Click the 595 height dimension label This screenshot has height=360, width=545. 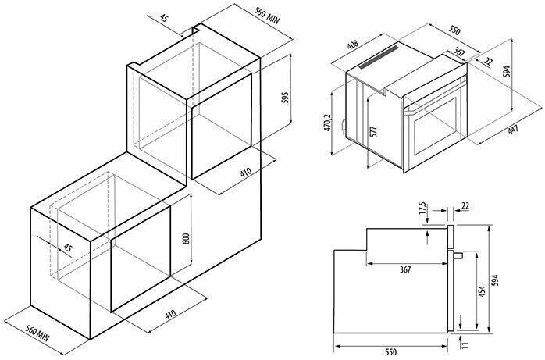point(285,99)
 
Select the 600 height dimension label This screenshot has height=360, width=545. point(187,238)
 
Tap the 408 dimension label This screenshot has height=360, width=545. point(353,45)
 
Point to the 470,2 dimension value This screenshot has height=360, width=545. point(327,123)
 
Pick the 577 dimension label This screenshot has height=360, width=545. point(373,132)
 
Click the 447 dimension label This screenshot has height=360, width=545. point(513,130)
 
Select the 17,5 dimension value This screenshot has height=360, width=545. point(422,208)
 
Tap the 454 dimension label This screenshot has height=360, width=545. point(482,291)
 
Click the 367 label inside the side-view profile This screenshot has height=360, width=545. point(405,269)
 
